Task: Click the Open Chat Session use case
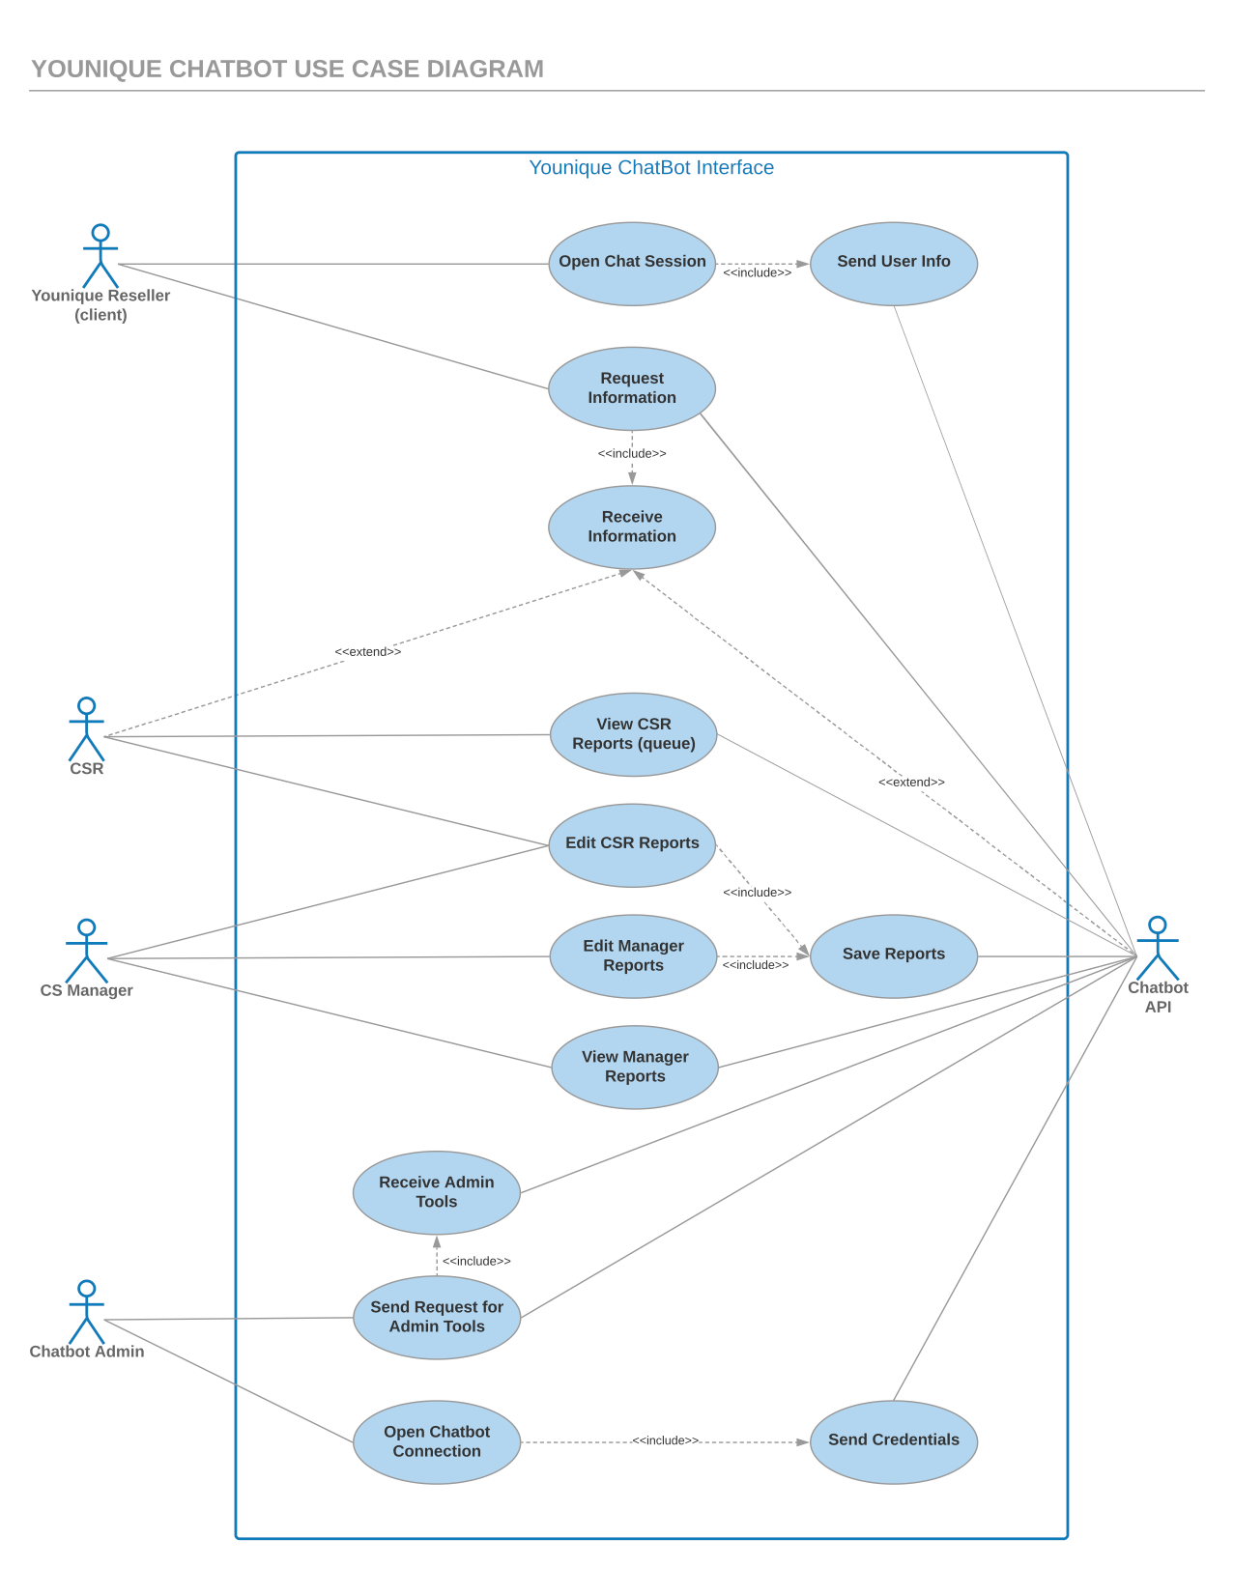632,264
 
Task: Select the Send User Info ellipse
893,264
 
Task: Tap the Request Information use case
632,388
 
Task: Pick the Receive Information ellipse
632,527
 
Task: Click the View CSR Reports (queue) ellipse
633,734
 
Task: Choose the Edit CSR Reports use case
632,845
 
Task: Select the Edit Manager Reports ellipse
633,956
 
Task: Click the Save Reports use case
893,956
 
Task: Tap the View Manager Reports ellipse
635,1068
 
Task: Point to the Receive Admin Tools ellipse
437,1193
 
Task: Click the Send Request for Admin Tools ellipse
437,1318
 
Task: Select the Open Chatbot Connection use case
437,1442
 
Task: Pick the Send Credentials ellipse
893,1442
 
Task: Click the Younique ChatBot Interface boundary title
650,167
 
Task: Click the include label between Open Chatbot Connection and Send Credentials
666,1440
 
